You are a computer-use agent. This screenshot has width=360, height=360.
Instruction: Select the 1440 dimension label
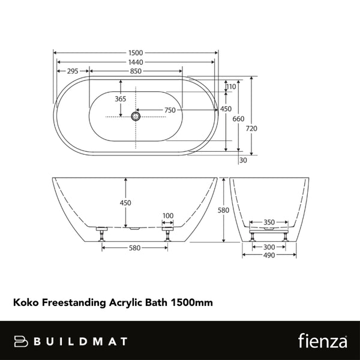point(136,62)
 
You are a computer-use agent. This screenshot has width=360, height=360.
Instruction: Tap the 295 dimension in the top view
point(73,71)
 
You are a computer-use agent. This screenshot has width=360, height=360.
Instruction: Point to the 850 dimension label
point(136,71)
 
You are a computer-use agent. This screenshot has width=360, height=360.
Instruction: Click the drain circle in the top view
point(136,115)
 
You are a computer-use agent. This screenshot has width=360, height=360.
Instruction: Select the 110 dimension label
point(232,87)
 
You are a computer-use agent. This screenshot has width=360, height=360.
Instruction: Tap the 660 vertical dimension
point(238,119)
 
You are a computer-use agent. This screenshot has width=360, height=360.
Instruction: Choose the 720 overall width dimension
point(251,128)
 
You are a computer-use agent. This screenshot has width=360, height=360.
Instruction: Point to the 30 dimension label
point(243,160)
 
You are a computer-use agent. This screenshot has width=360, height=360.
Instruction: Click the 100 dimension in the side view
point(167,215)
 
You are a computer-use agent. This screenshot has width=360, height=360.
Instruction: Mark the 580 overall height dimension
point(224,210)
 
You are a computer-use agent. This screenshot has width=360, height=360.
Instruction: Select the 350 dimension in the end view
point(269,223)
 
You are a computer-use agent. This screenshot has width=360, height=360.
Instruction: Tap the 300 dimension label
point(269,247)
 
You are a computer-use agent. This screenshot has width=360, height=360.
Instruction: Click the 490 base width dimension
point(269,255)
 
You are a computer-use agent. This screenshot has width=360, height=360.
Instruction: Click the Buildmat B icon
point(22,341)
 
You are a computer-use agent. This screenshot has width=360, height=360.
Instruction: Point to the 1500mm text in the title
point(192,303)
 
